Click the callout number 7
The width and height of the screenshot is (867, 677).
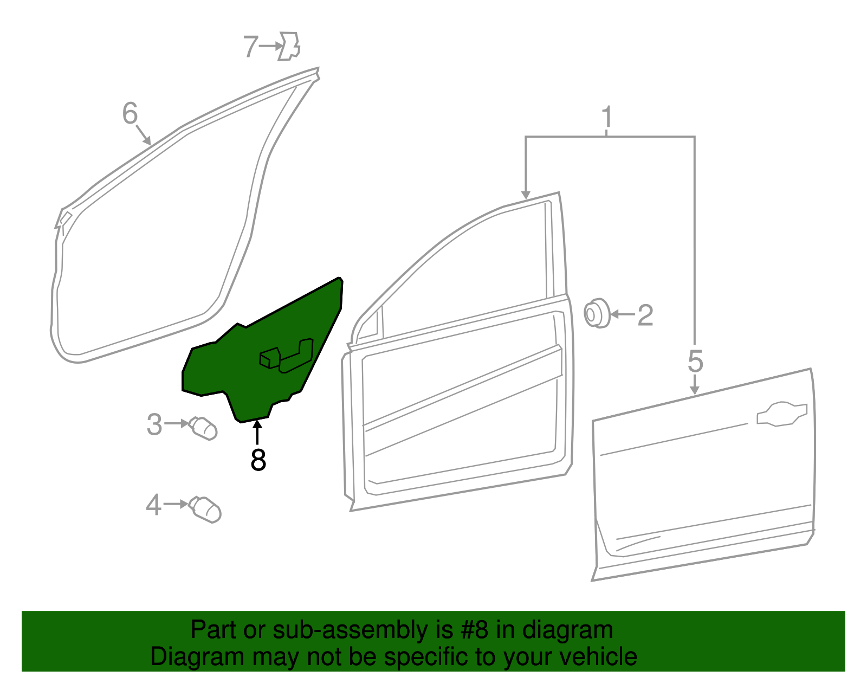(250, 47)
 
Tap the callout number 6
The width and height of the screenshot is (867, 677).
(130, 113)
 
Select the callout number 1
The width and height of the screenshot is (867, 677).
(607, 117)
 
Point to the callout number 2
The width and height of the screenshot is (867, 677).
(645, 315)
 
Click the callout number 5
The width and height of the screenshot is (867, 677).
(695, 361)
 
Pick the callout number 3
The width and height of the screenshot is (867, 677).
(154, 424)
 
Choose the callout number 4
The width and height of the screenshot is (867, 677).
(153, 505)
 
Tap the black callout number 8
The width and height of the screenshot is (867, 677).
(258, 460)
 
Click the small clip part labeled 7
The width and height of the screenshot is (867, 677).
(289, 46)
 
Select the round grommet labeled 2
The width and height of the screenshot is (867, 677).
(597, 313)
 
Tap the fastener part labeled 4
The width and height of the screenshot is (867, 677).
(206, 510)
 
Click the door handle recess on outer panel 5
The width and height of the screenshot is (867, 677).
(781, 414)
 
